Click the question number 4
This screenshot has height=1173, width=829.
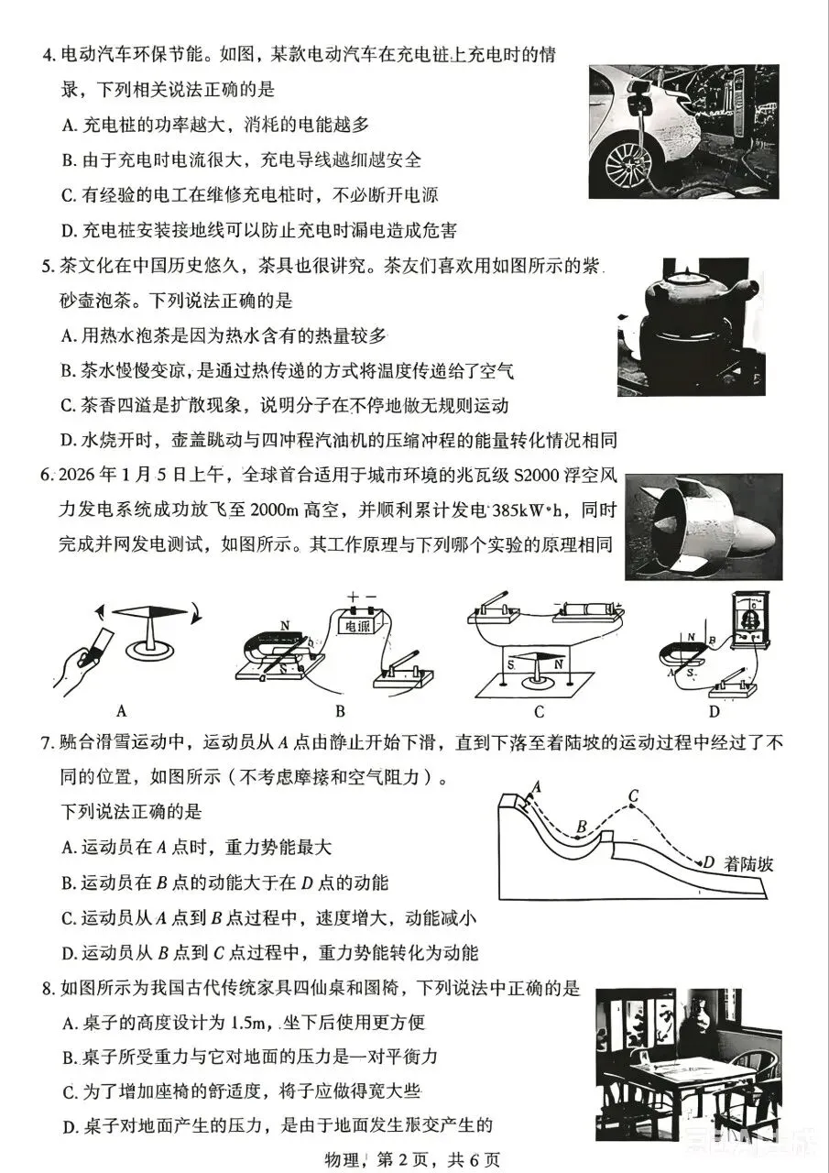coord(49,55)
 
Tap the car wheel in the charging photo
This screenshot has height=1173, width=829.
coord(630,166)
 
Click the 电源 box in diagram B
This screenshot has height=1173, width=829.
coord(357,625)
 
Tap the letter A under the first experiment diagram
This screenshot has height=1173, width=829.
coord(122,712)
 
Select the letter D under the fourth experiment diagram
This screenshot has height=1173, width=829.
coord(714,712)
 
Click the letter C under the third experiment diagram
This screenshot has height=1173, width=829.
coord(539,712)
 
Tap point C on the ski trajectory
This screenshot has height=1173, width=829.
coord(634,806)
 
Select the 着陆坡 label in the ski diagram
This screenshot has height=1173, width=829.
coord(748,864)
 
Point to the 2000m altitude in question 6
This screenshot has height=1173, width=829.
coord(274,510)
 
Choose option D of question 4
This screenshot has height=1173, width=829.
coord(259,230)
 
